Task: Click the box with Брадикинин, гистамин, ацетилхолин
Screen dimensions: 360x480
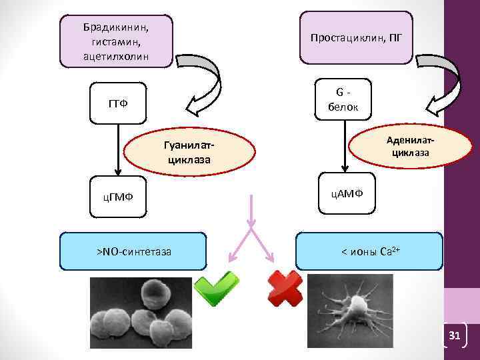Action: click(x=117, y=41)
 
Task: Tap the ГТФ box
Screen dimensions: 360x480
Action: click(x=117, y=104)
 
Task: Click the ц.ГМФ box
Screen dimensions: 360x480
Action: click(x=117, y=195)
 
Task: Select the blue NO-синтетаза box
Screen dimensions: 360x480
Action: click(x=133, y=251)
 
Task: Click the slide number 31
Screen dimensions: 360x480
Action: click(x=456, y=336)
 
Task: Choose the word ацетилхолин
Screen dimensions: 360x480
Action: click(x=116, y=55)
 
